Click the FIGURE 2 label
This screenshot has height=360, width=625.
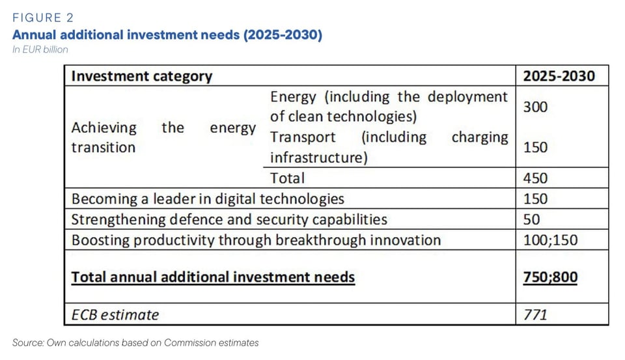tap(46, 18)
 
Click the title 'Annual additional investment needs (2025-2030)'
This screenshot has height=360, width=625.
tap(167, 35)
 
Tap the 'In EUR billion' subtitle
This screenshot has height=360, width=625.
tap(40, 49)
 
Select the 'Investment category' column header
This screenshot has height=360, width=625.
tap(141, 76)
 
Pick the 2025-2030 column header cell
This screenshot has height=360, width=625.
tap(559, 76)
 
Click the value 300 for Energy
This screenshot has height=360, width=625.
tap(536, 107)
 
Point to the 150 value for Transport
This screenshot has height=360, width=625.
tap(536, 147)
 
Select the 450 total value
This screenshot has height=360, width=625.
tap(536, 178)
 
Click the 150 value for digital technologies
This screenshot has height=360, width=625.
tap(536, 199)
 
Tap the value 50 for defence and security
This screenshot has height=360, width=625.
tap(532, 219)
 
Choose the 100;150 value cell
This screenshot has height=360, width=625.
tap(550, 240)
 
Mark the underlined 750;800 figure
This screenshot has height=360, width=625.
tap(550, 277)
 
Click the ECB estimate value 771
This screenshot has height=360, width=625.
tap(536, 315)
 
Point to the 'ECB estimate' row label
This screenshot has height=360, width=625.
tap(115, 315)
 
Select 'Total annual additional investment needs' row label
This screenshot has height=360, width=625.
tap(213, 277)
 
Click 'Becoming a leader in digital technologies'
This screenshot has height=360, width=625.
tap(208, 199)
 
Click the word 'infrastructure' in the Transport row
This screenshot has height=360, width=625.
tap(314, 158)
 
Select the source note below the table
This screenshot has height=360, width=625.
tap(135, 342)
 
